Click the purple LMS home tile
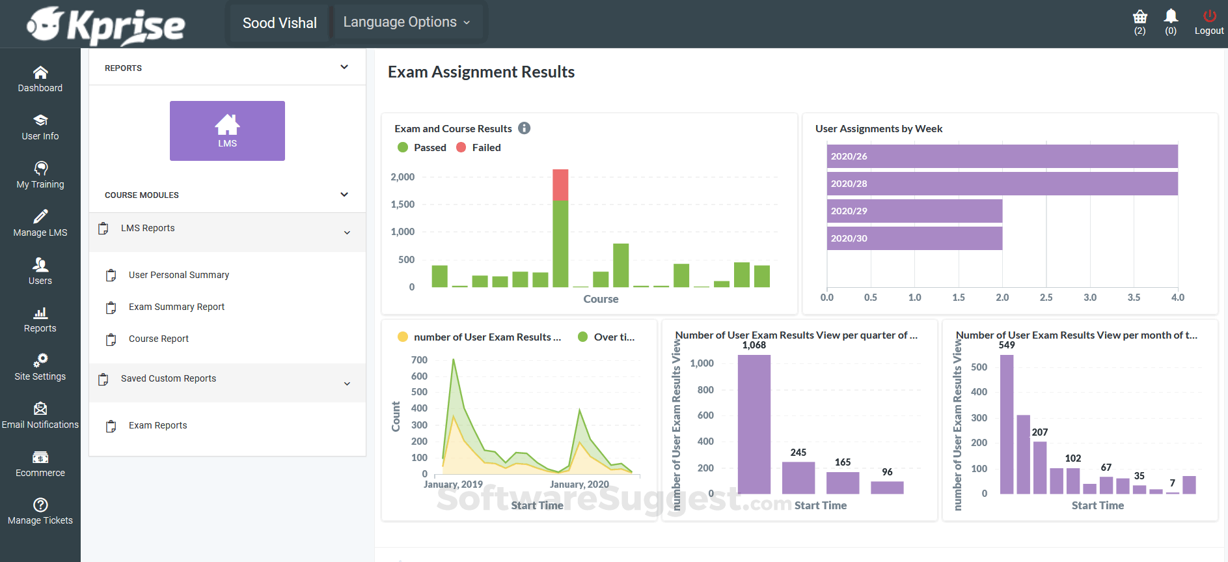click(227, 130)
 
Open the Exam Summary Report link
click(176, 307)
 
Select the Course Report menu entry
click(158, 339)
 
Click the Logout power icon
click(1209, 16)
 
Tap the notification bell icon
click(1171, 16)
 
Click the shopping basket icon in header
click(1139, 17)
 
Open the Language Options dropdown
click(407, 22)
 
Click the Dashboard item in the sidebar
click(40, 79)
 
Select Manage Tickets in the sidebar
click(40, 511)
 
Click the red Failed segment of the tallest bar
click(560, 184)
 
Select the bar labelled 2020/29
click(914, 211)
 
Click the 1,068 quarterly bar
click(754, 423)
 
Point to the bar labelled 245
click(798, 477)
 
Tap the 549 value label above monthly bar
click(1006, 345)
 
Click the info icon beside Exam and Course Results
click(524, 128)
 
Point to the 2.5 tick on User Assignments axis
click(1046, 298)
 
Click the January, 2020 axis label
click(579, 485)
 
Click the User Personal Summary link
click(178, 275)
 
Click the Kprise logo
click(106, 25)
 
